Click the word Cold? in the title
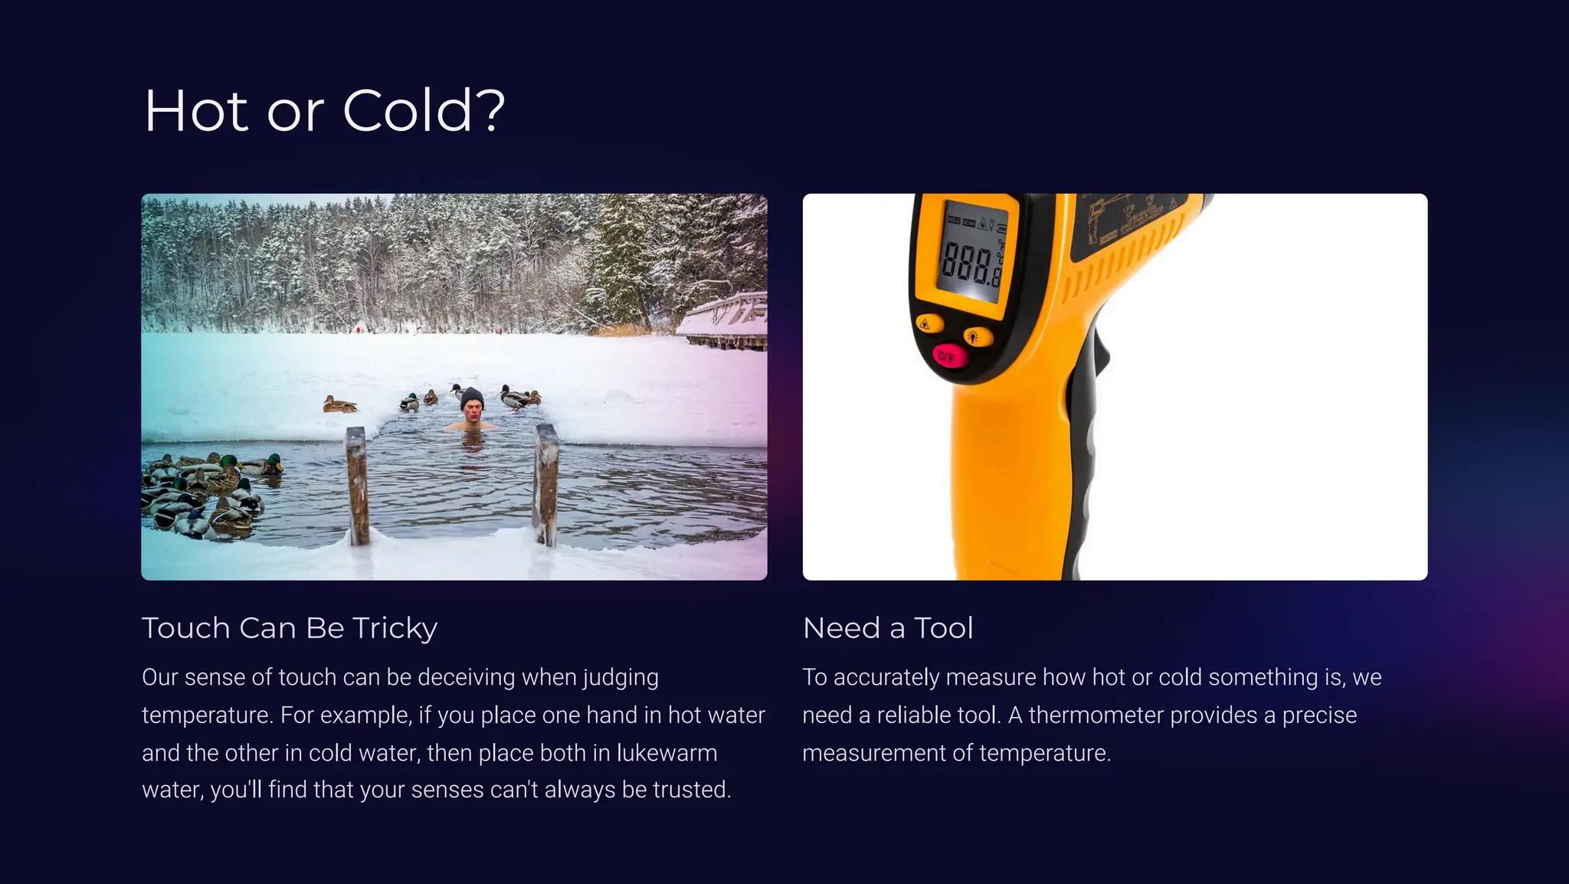click(x=424, y=111)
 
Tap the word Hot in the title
click(x=196, y=111)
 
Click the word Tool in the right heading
click(x=943, y=628)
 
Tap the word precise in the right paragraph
click(x=1319, y=715)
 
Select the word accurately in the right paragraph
click(x=886, y=677)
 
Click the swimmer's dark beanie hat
click(x=472, y=398)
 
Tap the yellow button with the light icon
click(x=977, y=336)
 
